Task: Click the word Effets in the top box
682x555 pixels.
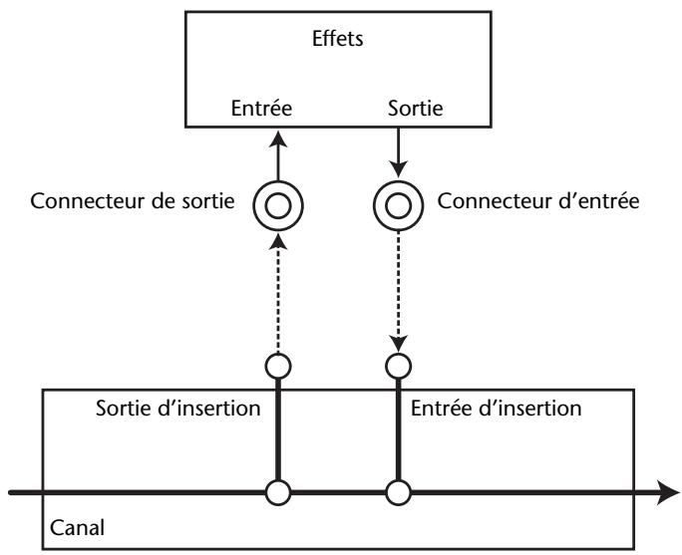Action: pyautogui.click(x=338, y=39)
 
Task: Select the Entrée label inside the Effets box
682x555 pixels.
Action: pyautogui.click(x=261, y=108)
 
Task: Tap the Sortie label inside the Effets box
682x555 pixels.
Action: pyautogui.click(x=416, y=109)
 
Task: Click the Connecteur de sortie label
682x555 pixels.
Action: pyautogui.click(x=133, y=201)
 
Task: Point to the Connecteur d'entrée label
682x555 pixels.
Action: pyautogui.click(x=538, y=201)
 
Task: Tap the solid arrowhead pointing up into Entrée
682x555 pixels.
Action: pyautogui.click(x=278, y=139)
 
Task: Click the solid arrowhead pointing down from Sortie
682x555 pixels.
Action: pyautogui.click(x=399, y=168)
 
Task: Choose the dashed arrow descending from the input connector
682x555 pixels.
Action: pyautogui.click(x=399, y=291)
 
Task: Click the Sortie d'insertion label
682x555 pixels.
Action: pyautogui.click(x=177, y=409)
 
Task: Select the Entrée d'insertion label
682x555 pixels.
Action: pyautogui.click(x=496, y=409)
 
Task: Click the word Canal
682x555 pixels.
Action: pyautogui.click(x=78, y=528)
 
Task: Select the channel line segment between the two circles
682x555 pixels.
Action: pyautogui.click(x=338, y=493)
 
